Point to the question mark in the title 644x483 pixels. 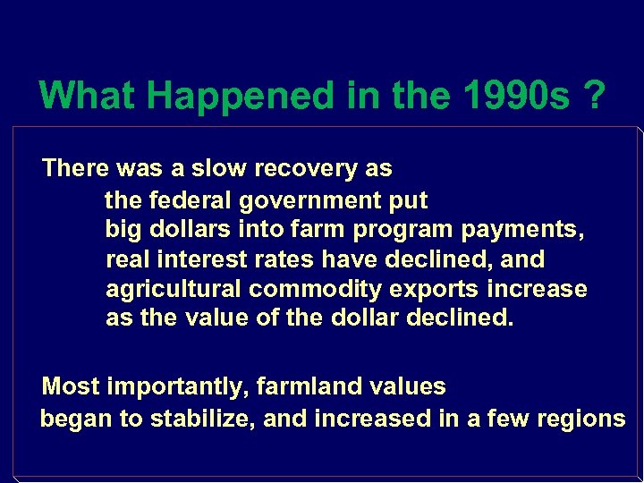592,95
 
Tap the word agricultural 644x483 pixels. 174,290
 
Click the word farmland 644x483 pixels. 299,387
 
